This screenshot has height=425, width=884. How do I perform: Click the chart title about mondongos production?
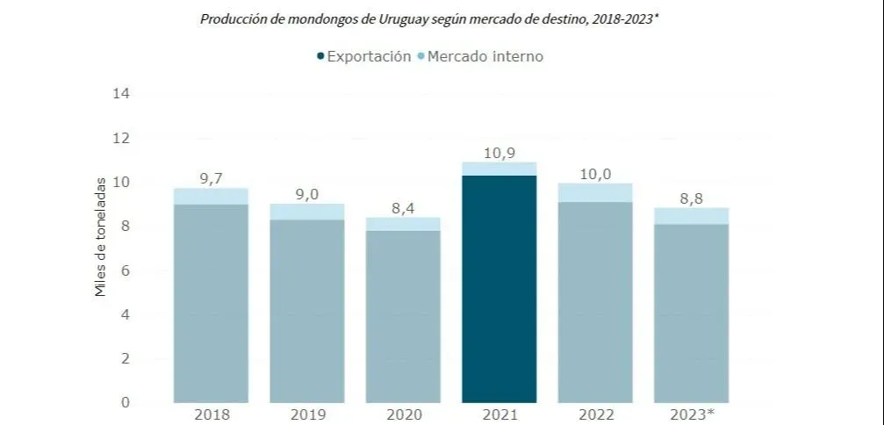click(429, 18)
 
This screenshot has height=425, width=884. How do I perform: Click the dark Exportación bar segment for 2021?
click(499, 290)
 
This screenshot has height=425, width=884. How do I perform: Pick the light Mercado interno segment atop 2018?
click(211, 196)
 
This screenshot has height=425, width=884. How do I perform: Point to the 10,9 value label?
click(499, 153)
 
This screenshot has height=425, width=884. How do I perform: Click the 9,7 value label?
click(211, 178)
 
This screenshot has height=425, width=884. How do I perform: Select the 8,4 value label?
click(403, 207)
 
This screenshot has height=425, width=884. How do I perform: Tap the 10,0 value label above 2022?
click(595, 173)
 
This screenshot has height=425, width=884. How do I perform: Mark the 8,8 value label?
click(692, 198)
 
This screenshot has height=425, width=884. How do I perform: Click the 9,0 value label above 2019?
click(306, 194)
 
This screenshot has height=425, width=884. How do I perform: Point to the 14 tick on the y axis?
click(121, 93)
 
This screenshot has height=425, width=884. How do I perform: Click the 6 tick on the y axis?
click(126, 270)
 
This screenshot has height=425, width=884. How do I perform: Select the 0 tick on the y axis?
click(126, 403)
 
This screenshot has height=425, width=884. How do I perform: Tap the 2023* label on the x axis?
click(692, 414)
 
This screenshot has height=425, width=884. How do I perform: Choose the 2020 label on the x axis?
click(403, 414)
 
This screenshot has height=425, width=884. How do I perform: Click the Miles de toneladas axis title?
click(101, 237)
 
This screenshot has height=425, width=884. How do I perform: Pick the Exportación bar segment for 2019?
click(306, 312)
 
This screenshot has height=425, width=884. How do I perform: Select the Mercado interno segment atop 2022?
click(595, 192)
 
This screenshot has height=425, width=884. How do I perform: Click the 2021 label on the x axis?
click(499, 414)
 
